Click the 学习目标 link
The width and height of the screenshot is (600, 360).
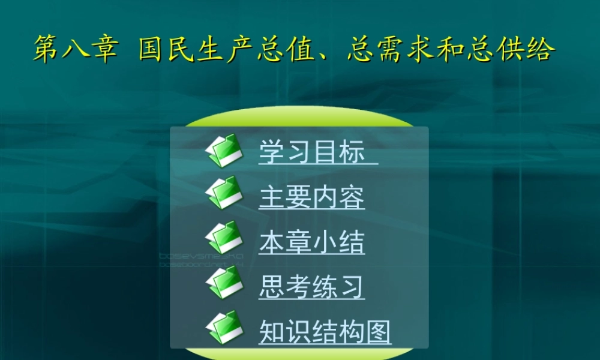312,152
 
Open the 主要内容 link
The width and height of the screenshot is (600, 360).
312,197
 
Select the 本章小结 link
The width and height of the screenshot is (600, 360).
312,242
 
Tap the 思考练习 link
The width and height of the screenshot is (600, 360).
312,286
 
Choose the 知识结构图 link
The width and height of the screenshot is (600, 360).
325,331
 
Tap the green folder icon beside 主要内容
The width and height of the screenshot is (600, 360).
224,193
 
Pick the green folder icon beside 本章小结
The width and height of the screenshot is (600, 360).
224,238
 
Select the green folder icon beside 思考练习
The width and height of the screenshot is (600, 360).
224,282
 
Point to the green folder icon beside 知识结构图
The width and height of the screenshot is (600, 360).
224,327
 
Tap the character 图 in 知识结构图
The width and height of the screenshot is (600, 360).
378,331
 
